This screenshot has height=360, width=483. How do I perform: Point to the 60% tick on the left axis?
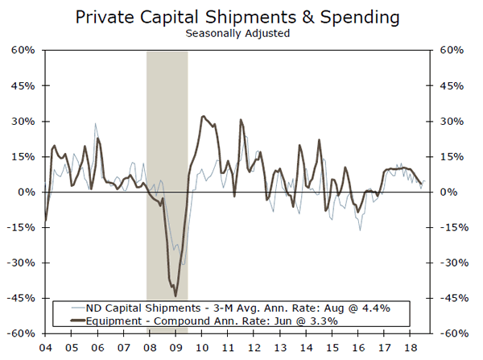point(23,51)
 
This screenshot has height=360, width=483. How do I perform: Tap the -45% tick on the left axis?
point(21,298)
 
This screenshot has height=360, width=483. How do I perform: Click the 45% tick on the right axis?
point(450,86)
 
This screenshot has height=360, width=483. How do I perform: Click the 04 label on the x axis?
point(45,348)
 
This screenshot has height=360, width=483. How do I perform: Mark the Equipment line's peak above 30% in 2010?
point(201,117)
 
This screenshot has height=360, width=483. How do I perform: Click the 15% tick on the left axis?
point(23,156)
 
